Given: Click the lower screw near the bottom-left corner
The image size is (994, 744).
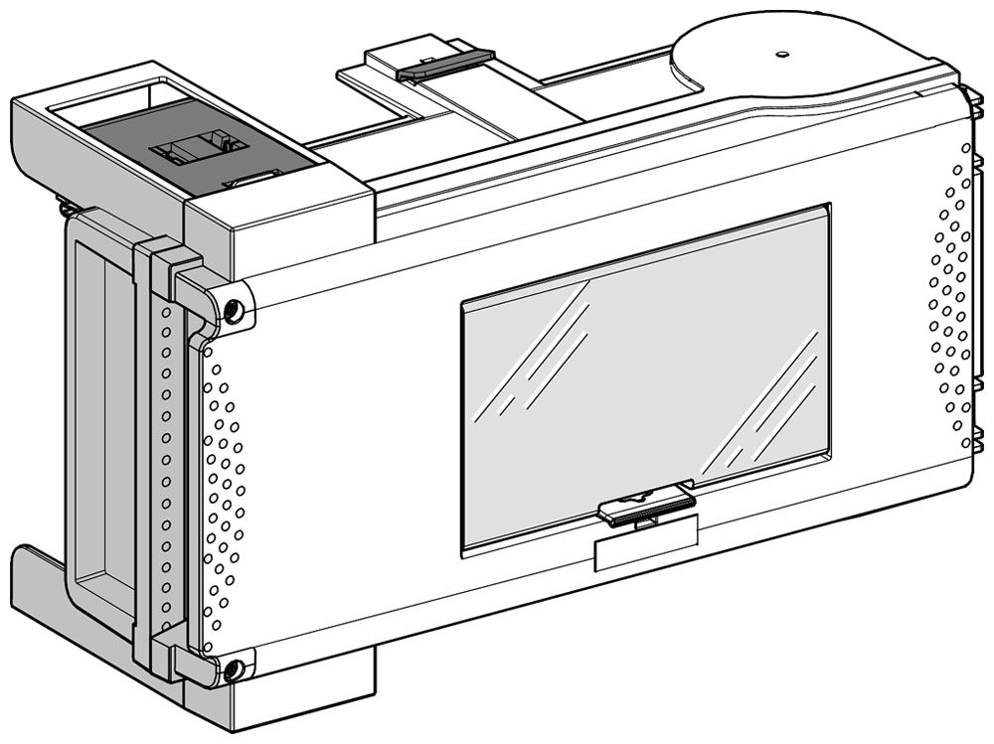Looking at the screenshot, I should tap(233, 670).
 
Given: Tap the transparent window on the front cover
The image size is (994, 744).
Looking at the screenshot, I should tap(646, 377).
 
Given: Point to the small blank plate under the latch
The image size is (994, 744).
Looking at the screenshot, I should tap(643, 549).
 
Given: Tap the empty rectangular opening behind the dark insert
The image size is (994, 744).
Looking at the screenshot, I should tap(109, 105).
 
